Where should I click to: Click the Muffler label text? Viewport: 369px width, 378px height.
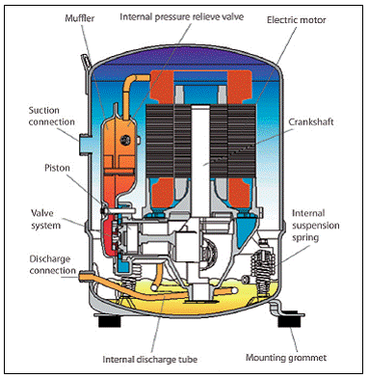pyautogui.click(x=80, y=18)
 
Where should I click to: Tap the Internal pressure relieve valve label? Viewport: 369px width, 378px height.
pyautogui.click(x=182, y=16)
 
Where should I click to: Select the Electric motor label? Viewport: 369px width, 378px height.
pyautogui.click(x=297, y=20)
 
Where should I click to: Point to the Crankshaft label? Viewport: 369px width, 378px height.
pyautogui.click(x=311, y=122)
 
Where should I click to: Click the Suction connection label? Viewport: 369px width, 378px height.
pyautogui.click(x=51, y=116)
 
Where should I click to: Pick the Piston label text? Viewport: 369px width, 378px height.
pyautogui.click(x=57, y=168)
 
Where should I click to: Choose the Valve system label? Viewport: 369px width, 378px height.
pyautogui.click(x=46, y=219)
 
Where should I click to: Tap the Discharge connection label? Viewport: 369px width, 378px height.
pyautogui.click(x=52, y=264)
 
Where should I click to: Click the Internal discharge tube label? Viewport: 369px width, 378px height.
pyautogui.click(x=150, y=359)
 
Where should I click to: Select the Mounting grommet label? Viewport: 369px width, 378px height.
pyautogui.click(x=286, y=358)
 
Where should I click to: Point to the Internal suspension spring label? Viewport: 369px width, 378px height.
pyautogui.click(x=315, y=226)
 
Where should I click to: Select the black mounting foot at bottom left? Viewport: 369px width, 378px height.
pyautogui.click(x=109, y=321)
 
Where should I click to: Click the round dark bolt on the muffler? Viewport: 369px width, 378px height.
pyautogui.click(x=125, y=140)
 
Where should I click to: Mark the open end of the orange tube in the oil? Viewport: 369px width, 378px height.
pyautogui.click(x=234, y=290)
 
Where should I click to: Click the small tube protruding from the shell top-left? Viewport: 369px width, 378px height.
pyautogui.click(x=86, y=62)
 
